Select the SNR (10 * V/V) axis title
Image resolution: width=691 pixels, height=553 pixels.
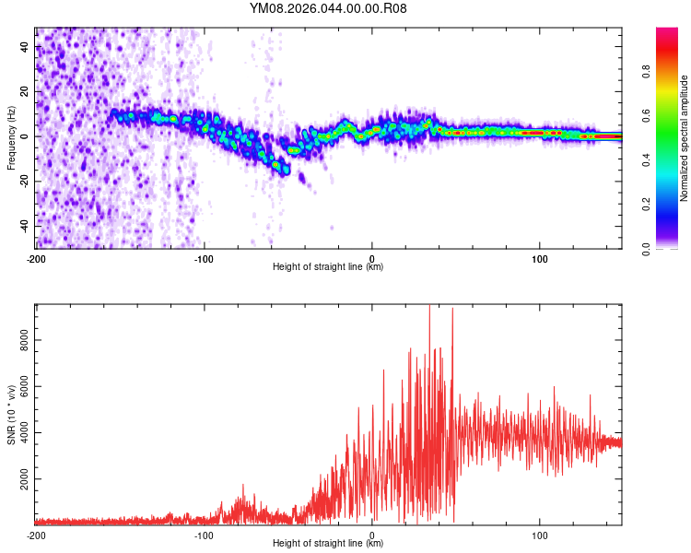[x=11, y=415]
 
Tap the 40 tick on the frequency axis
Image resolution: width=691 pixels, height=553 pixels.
[x=25, y=47]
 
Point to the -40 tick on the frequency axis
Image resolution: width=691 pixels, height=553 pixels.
[x=25, y=226]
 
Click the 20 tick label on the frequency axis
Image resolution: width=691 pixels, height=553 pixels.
[x=25, y=92]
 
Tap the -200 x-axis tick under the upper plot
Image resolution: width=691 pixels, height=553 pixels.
[x=37, y=259]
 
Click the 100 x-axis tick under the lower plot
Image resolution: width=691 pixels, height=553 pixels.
[x=539, y=535]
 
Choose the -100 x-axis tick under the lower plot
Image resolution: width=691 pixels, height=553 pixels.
[x=204, y=535]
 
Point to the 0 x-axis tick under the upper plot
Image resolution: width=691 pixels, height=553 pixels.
[x=371, y=259]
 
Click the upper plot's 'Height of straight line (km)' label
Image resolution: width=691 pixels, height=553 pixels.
[x=328, y=267]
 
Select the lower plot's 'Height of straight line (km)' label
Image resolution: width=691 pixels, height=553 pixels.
[x=328, y=544]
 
